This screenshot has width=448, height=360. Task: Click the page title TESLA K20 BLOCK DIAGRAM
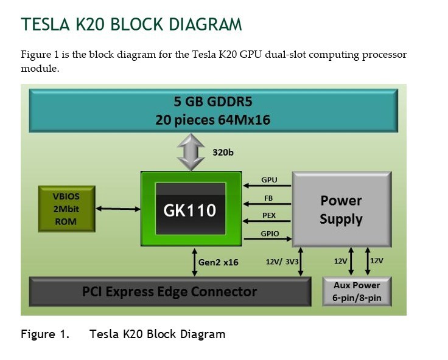point(131,24)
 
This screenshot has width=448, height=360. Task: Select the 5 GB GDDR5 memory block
point(212,110)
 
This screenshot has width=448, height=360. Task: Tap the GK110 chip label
point(189,210)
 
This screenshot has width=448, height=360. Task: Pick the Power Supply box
point(341,210)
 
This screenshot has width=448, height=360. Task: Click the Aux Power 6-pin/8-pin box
point(356,292)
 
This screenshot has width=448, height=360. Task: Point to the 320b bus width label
point(223,152)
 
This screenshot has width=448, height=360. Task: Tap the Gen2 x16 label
point(219,263)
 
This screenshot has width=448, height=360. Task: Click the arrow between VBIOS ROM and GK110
point(118,209)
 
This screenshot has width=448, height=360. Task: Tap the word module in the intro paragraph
point(40,69)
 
